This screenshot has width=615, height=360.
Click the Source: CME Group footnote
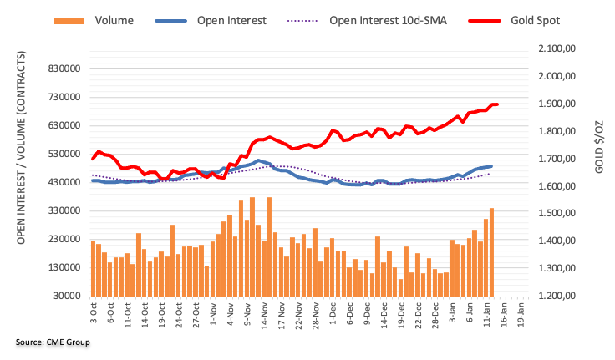click(52, 342)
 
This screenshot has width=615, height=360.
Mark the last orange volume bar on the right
click(491, 251)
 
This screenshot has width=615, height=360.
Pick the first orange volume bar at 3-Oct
click(93, 267)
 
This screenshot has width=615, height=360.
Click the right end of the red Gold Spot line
click(496, 104)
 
